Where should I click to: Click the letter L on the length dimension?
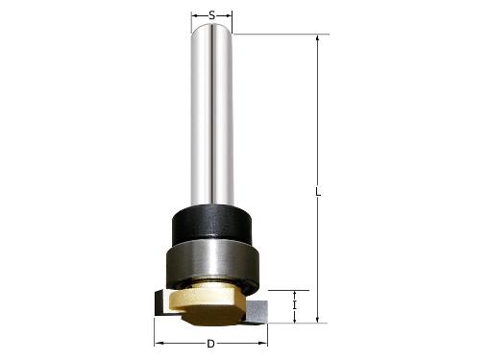318,191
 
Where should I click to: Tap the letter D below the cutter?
211,343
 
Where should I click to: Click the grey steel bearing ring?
211,263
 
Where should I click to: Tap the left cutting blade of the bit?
159,304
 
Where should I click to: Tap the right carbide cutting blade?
259,309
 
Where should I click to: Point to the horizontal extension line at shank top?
279,36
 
